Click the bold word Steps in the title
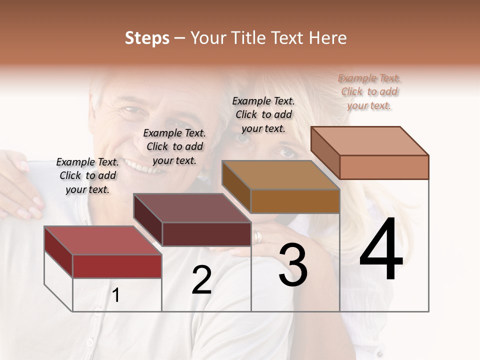(x=147, y=38)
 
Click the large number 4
(x=381, y=250)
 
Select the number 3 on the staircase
(x=293, y=265)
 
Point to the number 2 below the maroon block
(x=201, y=280)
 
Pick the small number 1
(x=116, y=295)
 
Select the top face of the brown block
(x=280, y=175)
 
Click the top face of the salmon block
(x=369, y=141)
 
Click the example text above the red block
(x=87, y=175)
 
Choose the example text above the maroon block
(x=174, y=146)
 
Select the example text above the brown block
(x=263, y=114)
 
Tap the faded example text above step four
(x=369, y=91)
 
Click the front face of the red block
(x=117, y=266)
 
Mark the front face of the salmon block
(x=384, y=167)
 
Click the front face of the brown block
(x=295, y=201)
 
